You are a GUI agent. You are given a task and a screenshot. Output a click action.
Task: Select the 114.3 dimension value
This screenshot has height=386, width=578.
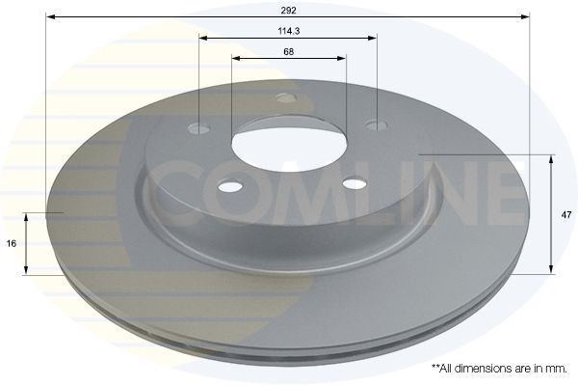pos(288,31)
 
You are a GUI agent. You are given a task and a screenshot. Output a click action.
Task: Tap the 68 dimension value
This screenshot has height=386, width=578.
pos(288,51)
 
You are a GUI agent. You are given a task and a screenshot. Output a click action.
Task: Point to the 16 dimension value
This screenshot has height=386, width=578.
pos(12,244)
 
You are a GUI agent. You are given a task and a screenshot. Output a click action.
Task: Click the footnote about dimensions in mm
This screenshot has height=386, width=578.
pos(498,369)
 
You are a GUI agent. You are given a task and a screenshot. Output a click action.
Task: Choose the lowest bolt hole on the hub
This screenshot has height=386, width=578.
pos(355,183)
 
